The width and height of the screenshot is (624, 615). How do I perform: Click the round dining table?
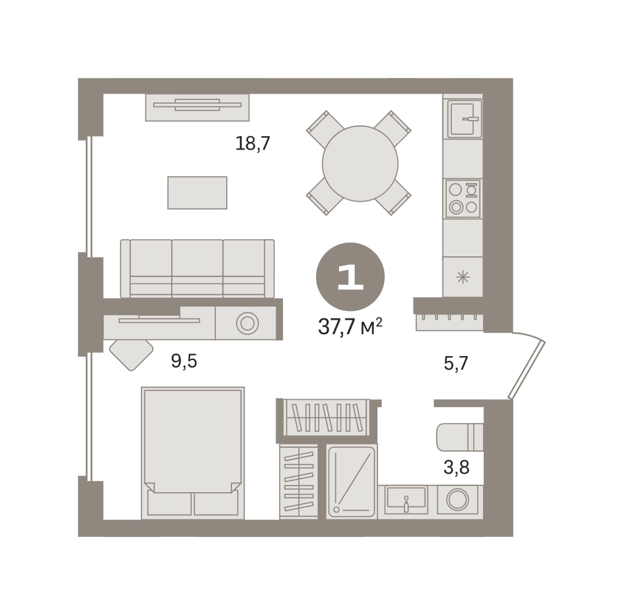click(x=360, y=163)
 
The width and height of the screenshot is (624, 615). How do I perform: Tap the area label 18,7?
click(x=253, y=143)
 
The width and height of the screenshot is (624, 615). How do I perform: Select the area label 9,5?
click(x=184, y=361)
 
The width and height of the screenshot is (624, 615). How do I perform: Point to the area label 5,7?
click(x=456, y=364)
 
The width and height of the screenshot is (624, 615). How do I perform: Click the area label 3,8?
click(x=457, y=467)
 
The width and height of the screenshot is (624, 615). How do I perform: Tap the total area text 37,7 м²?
click(x=350, y=327)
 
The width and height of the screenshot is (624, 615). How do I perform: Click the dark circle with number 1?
click(x=350, y=277)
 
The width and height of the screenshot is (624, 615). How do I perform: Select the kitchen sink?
click(x=465, y=118)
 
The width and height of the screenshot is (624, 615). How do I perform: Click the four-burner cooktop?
click(x=463, y=198)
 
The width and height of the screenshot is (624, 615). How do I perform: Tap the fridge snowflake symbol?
click(x=463, y=277)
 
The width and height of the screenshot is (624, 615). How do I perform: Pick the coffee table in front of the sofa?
click(x=198, y=193)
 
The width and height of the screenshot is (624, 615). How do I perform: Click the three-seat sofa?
click(x=198, y=269)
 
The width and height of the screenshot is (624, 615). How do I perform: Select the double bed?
click(x=193, y=453)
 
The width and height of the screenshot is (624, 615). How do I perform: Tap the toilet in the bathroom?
click(x=460, y=437)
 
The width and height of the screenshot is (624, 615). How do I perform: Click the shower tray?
click(x=351, y=482)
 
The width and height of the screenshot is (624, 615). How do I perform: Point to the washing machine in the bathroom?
click(x=457, y=500)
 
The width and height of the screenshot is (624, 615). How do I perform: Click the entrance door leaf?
click(x=527, y=369)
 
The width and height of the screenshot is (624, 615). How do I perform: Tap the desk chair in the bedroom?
click(x=131, y=355)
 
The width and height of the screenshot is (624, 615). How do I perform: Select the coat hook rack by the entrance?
click(x=450, y=323)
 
